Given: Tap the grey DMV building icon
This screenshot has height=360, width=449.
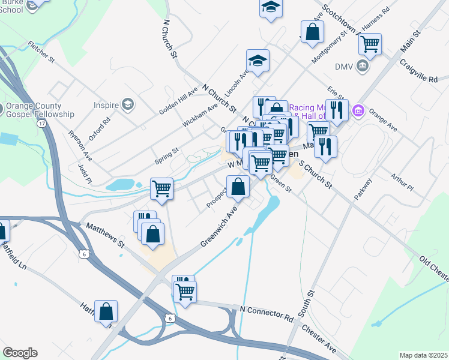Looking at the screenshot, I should pyautogui.click(x=363, y=66).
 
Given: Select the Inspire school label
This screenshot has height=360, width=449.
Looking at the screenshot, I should pyautogui.click(x=106, y=105).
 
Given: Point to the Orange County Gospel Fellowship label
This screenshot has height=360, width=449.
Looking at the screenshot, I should pyautogui.click(x=40, y=110).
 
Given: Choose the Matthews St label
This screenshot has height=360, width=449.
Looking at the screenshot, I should pyautogui.click(x=105, y=236).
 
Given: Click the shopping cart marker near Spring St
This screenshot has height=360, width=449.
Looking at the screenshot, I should pyautogui.click(x=161, y=188).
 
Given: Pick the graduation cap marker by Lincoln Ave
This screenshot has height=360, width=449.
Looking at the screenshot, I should pyautogui.click(x=258, y=61).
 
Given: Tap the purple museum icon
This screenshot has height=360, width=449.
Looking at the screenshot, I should pyautogui.click(x=359, y=110).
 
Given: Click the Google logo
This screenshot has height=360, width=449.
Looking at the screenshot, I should pyautogui.click(x=20, y=353).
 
